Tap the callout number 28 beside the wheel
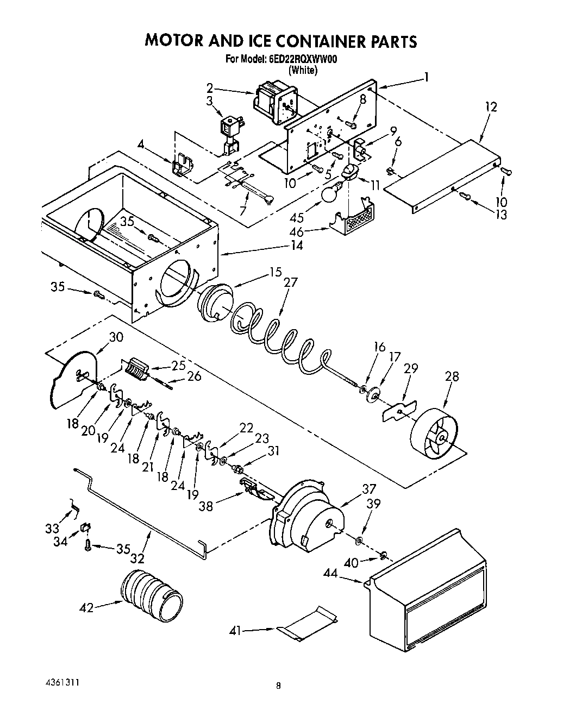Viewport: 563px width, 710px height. (x=452, y=376)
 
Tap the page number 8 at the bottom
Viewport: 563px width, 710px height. (x=278, y=686)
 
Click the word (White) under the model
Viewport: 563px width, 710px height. (x=303, y=70)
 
